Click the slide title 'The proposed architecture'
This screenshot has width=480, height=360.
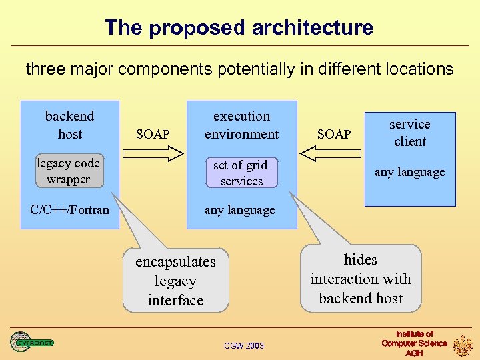coord(239,28)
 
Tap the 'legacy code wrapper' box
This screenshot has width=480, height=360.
coord(68,171)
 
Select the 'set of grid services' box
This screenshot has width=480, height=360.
coord(241,173)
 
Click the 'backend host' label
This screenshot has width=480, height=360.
coord(69,125)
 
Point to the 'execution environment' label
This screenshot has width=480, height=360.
coord(241,125)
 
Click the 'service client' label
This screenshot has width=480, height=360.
coord(410,133)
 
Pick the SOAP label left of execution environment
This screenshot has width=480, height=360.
coord(153,134)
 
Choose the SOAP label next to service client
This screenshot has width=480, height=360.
coord(334,134)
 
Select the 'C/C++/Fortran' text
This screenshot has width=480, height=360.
coord(69,210)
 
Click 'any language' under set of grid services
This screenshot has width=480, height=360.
coord(240,210)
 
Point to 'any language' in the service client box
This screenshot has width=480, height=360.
coord(409,172)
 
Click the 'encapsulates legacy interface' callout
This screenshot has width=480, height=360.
coord(175,281)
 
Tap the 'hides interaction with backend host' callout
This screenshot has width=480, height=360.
coord(361,279)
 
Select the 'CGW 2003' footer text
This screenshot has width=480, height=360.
coord(243,345)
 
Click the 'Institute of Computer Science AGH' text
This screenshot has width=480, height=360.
coord(414,343)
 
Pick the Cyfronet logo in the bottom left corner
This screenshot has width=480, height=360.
coord(31,342)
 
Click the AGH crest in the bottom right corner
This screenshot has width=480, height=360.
coord(463,345)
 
